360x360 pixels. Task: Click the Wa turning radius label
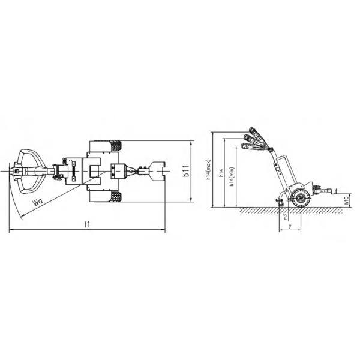(38, 202)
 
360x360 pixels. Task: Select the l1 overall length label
(87, 224)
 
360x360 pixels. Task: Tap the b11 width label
(186, 170)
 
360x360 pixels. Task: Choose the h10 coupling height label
(346, 200)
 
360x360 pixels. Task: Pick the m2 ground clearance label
(286, 216)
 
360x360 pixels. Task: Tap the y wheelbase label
(290, 226)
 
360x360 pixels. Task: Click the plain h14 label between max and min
(221, 173)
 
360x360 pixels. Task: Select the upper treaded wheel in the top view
(116, 146)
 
